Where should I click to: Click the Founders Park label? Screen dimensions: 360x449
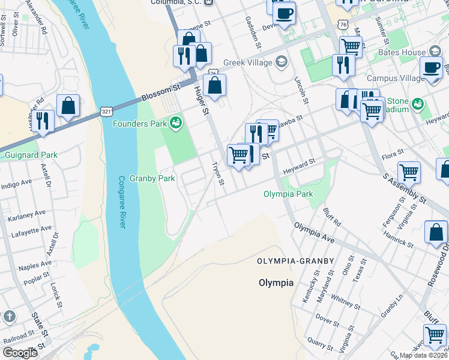(140, 124)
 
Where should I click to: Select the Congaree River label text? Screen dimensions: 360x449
(121, 202)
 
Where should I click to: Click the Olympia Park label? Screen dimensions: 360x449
(288, 194)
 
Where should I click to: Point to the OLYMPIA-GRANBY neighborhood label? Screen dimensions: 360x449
(292, 262)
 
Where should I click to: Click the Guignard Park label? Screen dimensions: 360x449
(31, 155)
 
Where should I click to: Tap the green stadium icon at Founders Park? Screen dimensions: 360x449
(176, 124)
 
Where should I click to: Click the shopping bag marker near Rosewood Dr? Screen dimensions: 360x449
(436, 232)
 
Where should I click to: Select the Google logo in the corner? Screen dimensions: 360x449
(20, 353)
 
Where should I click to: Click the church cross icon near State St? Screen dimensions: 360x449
(9, 316)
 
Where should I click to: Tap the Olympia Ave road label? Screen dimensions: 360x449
(313, 233)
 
